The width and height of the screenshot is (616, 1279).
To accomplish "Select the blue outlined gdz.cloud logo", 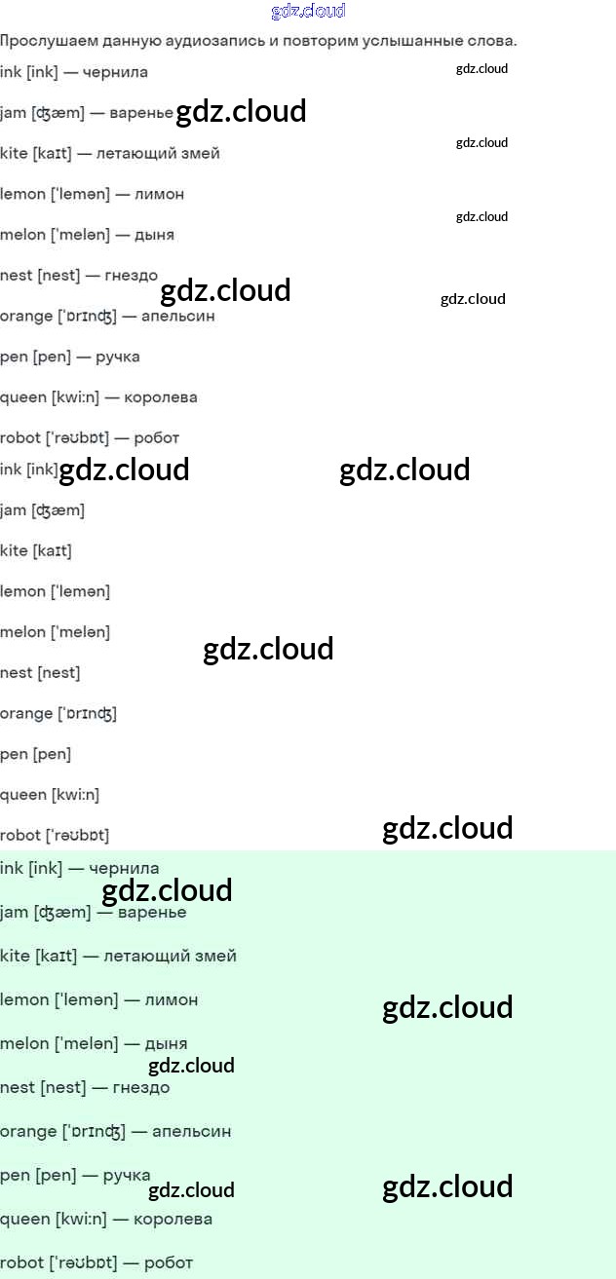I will click(308, 12).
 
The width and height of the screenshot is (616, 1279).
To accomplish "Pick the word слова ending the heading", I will click(493, 41).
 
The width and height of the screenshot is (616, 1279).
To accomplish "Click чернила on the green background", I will click(124, 868).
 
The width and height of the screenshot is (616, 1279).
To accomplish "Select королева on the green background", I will click(173, 1219).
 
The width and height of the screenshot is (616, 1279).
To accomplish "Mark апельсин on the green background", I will click(191, 1131).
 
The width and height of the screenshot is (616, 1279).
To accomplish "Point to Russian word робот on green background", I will click(169, 1262).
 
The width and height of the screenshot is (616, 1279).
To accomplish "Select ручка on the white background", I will click(118, 357).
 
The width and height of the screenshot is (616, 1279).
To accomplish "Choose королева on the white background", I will click(161, 397).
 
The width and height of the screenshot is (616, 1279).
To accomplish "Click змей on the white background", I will click(200, 153).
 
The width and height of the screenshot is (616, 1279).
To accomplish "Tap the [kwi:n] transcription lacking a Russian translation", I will click(76, 795).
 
